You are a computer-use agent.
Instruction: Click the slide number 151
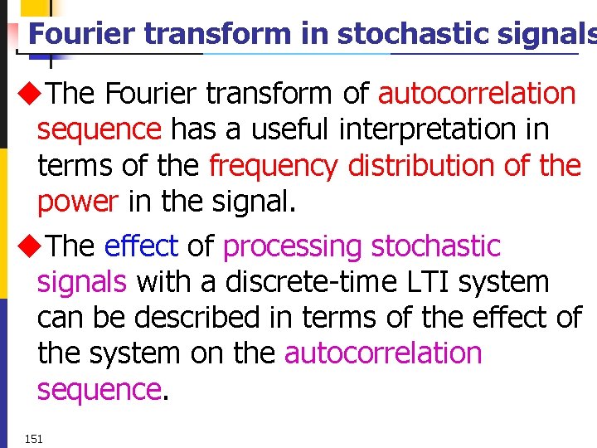pyautogui.click(x=34, y=438)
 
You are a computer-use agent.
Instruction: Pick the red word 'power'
pyautogui.click(x=78, y=202)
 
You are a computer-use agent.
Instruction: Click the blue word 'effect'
pyautogui.click(x=141, y=246)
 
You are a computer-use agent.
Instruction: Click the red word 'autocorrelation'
pyautogui.click(x=477, y=94)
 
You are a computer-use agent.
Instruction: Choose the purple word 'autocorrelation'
pyautogui.click(x=383, y=353)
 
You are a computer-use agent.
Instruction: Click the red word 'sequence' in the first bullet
pyautogui.click(x=99, y=130)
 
